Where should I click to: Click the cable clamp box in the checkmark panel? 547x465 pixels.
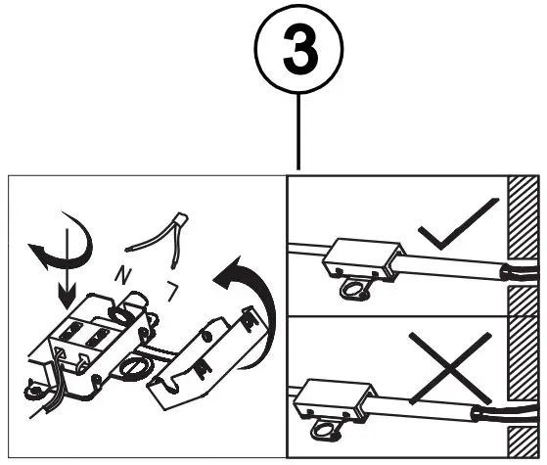click(361, 263)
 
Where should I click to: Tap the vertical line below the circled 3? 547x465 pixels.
click(297, 133)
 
